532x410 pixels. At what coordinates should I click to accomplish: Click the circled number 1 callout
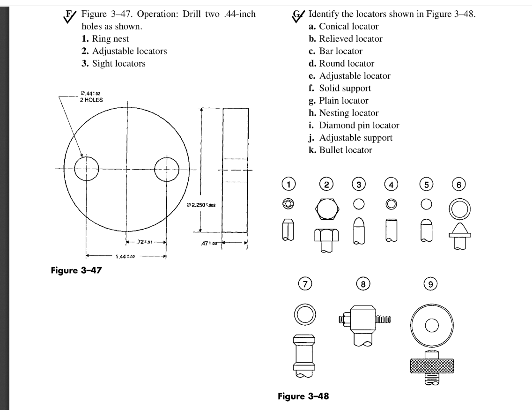click(290, 185)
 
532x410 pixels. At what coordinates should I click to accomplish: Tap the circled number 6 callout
click(460, 185)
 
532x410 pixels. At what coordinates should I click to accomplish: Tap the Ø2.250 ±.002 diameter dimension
click(202, 207)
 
